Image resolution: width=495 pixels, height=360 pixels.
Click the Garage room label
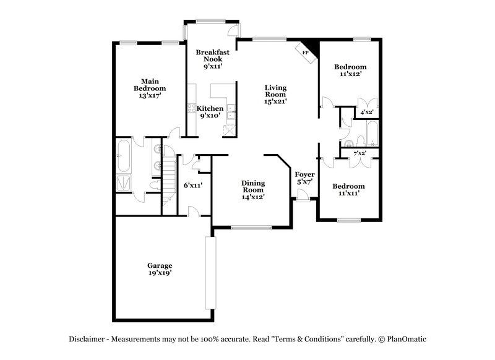pyautogui.click(x=159, y=265)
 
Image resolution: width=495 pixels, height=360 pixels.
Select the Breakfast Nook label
pyautogui.click(x=209, y=56)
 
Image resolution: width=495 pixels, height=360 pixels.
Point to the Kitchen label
pyautogui.click(x=210, y=108)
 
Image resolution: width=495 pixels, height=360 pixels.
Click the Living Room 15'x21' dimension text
pyautogui.click(x=275, y=101)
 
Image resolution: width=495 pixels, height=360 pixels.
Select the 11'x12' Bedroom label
pyautogui.click(x=350, y=67)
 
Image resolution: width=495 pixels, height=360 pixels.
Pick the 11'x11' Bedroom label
pyautogui.click(x=348, y=186)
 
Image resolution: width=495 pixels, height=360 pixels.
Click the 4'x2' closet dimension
pyautogui.click(x=367, y=113)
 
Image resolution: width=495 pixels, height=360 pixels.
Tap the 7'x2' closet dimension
pyautogui.click(x=359, y=152)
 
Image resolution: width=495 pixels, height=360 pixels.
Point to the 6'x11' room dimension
pyautogui.click(x=193, y=185)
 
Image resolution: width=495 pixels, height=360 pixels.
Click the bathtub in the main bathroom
pyautogui.click(x=124, y=156)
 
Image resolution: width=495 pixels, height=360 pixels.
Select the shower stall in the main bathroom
pyautogui.click(x=124, y=183)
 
